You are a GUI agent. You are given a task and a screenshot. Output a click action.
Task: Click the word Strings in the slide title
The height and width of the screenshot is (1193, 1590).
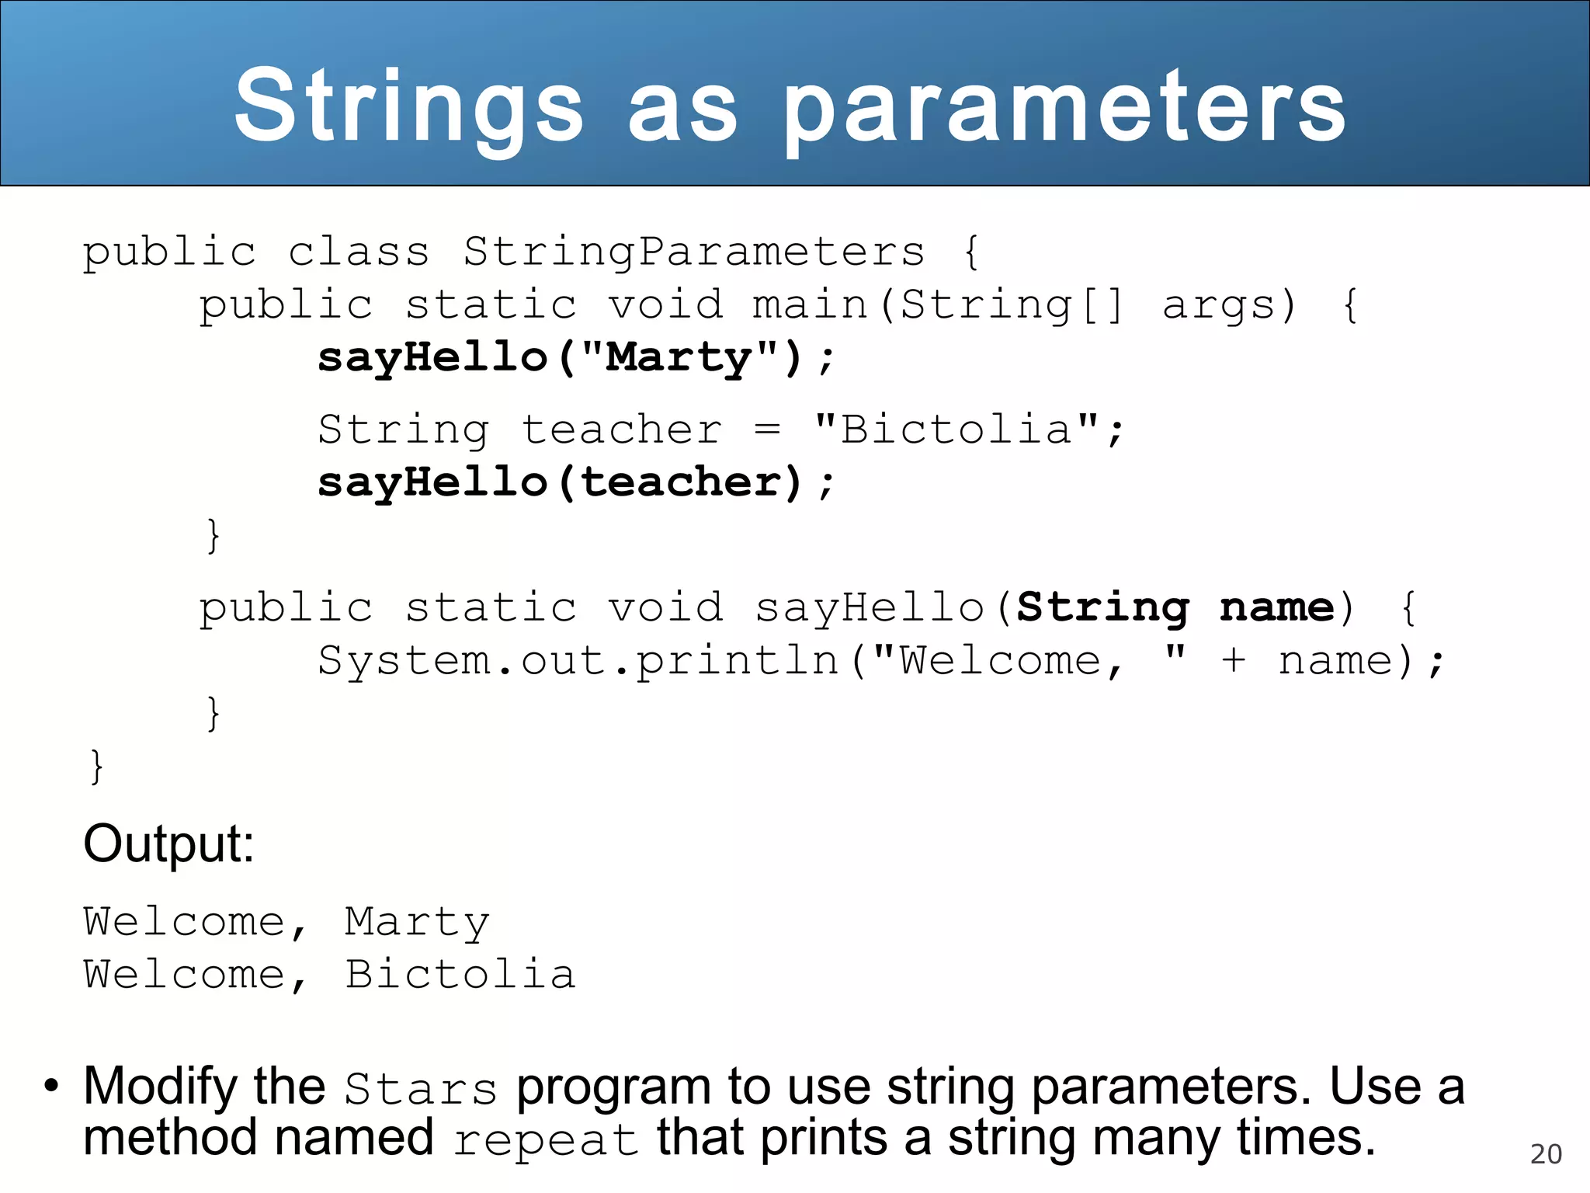408,107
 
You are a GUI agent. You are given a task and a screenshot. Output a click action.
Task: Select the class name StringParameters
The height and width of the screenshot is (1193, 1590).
694,252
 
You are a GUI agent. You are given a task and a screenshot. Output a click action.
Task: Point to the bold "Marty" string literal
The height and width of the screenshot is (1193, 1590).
679,357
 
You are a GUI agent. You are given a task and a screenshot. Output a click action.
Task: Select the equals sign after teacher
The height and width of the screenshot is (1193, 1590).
767,430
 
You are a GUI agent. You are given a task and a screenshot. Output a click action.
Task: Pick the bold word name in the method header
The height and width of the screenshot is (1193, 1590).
1276,607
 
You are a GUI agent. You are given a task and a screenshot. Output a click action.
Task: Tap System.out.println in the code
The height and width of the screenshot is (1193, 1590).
578,661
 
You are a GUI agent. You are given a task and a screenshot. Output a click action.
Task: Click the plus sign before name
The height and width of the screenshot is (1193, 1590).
1234,661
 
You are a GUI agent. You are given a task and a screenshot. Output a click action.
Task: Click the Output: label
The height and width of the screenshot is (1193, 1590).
168,843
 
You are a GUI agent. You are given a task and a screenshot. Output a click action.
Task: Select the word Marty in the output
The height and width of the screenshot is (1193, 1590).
417,923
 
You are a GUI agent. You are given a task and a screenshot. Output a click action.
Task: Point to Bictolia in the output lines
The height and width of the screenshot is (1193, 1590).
460,975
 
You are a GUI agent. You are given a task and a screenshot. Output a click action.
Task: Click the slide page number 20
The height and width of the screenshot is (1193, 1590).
1545,1154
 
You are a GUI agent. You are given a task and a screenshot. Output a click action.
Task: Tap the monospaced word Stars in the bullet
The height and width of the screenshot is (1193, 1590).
420,1089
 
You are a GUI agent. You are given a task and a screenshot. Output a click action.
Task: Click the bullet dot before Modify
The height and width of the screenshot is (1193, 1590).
51,1086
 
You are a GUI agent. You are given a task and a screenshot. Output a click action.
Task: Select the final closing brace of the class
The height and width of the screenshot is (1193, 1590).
96,767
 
